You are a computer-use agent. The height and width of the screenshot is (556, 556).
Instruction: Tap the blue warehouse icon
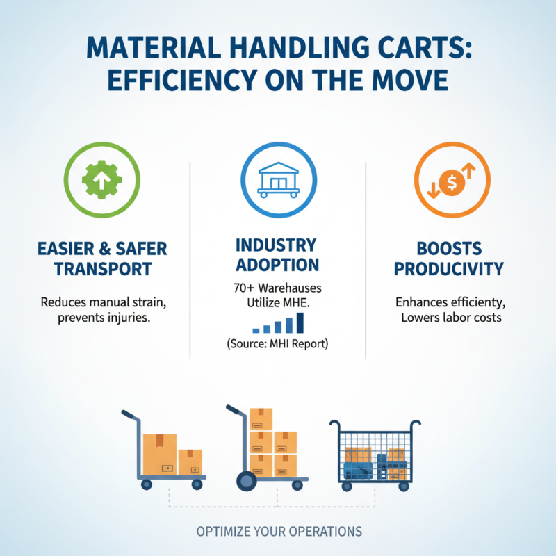[277, 183]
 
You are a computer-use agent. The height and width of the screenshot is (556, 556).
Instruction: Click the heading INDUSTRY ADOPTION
[277, 255]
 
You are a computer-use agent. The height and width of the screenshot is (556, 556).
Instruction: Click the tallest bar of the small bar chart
[300, 322]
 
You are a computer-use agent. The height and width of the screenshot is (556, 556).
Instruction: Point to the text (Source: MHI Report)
[277, 343]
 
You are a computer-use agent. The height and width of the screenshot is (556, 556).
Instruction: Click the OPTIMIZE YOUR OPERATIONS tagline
[278, 532]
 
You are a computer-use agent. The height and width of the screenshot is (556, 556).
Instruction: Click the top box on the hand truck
[261, 419]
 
